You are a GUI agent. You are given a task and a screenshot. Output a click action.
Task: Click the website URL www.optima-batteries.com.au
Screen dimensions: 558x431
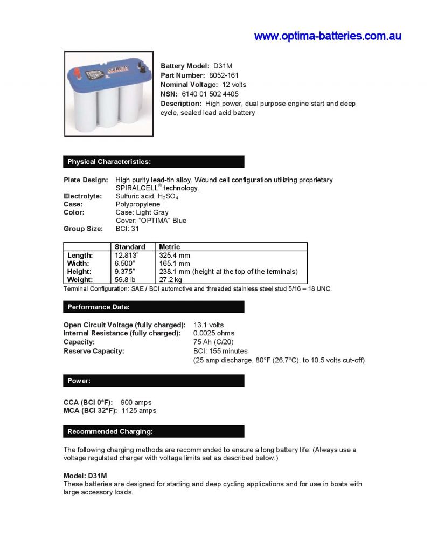pos(328,36)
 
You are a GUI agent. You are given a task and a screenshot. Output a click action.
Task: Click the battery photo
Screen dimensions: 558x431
pos(109,93)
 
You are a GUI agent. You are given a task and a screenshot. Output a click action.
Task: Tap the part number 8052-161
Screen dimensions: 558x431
pos(224,75)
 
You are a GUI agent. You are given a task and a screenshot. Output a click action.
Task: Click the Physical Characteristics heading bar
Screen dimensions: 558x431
pos(154,162)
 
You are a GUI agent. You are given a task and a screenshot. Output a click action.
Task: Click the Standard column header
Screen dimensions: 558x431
pos(130,247)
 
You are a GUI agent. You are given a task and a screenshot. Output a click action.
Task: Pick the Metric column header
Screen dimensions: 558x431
pos(170,247)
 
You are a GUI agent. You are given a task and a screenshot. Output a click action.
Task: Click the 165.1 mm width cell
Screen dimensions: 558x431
pos(175,264)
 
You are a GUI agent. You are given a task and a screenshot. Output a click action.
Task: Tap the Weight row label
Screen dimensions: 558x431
pos(80,280)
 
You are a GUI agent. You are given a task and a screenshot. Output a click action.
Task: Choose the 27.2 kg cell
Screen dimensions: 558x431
pos(171,280)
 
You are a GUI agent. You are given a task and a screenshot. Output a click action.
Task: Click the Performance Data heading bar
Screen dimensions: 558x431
pos(154,307)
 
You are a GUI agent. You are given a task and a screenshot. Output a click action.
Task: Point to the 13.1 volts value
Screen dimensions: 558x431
pos(208,325)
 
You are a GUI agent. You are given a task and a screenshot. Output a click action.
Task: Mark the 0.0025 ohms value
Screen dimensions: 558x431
pos(214,333)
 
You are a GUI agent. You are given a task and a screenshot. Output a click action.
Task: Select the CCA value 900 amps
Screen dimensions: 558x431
pos(136,402)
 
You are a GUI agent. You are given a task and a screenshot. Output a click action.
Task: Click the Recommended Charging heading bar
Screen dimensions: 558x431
pos(154,431)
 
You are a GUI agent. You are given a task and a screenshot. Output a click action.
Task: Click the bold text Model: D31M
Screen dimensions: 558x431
pos(85,476)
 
